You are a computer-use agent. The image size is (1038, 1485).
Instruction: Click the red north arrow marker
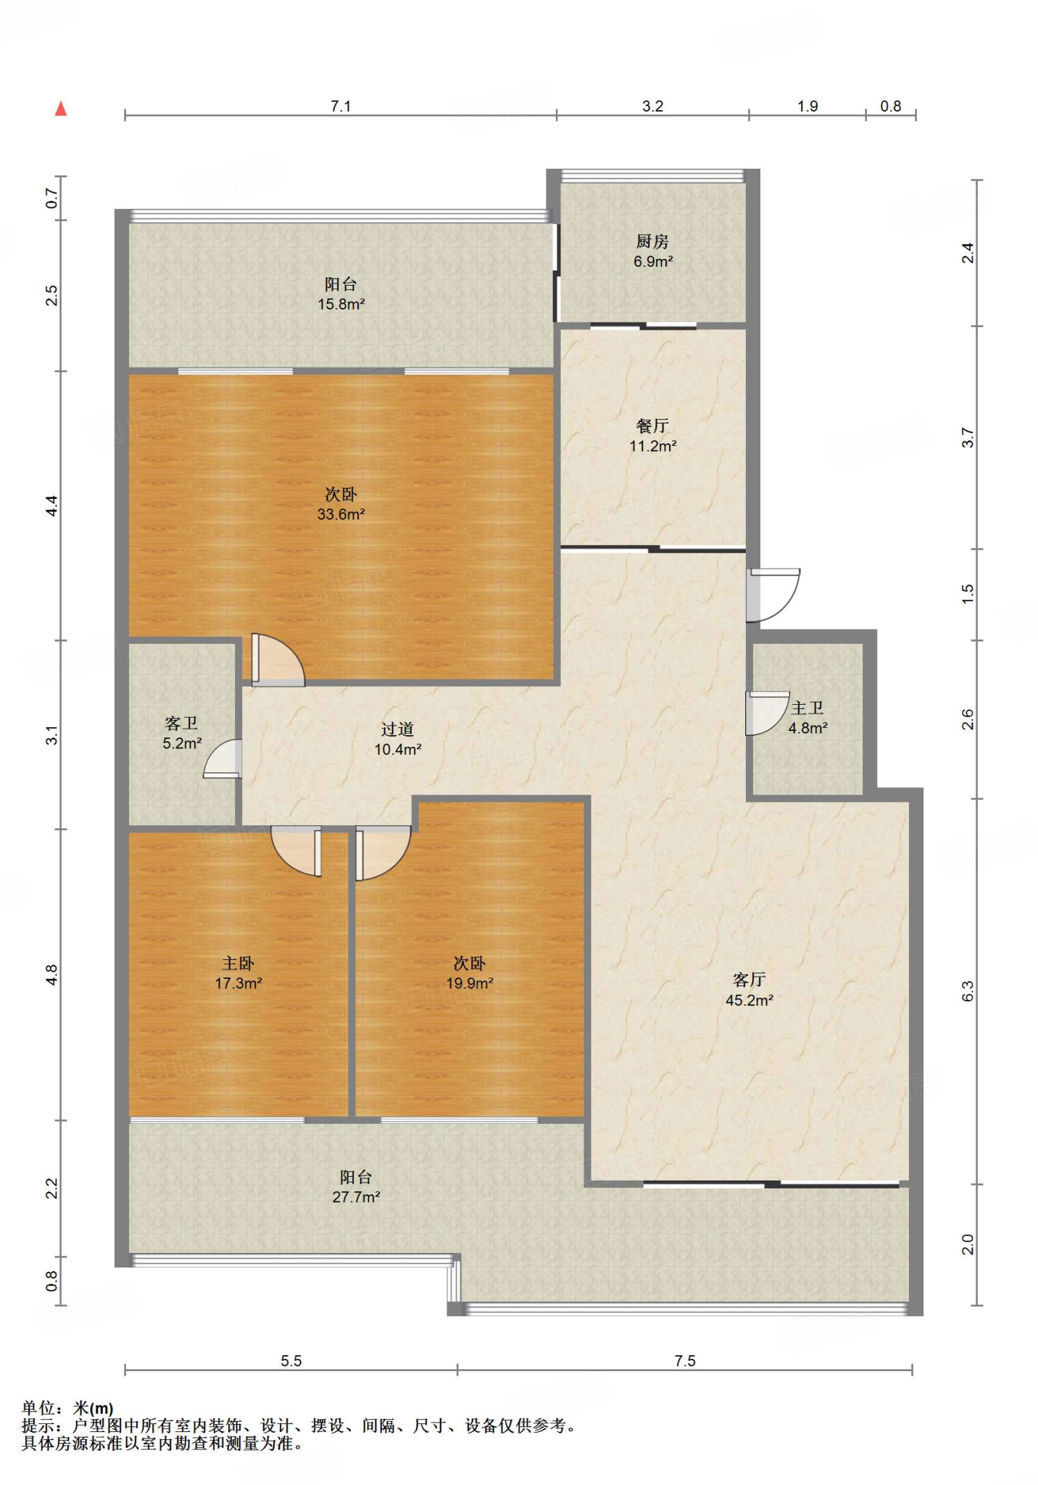(61, 109)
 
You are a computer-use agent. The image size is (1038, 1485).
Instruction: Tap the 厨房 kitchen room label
(652, 251)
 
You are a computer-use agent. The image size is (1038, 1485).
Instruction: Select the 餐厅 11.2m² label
(652, 435)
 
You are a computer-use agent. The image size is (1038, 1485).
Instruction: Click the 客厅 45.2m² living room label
(750, 990)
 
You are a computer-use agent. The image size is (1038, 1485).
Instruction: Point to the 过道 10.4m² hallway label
(398, 739)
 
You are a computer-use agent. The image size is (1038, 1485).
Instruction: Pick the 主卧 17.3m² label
(238, 973)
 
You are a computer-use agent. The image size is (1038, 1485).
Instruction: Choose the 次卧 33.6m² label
(341, 504)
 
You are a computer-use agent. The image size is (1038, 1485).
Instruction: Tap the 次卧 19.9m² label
(470, 973)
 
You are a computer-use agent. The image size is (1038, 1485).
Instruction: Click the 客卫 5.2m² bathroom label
(182, 733)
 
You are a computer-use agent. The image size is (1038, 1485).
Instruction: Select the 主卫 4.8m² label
(807, 717)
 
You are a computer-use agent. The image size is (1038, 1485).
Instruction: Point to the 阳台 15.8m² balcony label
(341, 294)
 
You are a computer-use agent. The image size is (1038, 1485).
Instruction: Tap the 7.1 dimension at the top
(341, 106)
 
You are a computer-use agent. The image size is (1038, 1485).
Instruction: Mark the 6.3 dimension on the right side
(967, 991)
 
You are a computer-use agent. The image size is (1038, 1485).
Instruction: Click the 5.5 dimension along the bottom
(291, 1361)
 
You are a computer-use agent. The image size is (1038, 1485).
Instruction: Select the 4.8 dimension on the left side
(51, 975)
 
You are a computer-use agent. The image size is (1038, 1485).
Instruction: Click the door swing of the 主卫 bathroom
(768, 714)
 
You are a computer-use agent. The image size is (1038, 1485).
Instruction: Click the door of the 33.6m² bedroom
(278, 660)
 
